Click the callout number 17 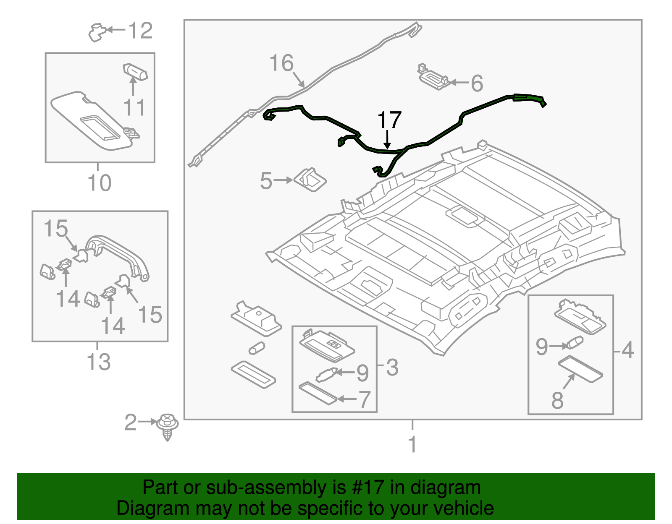389,120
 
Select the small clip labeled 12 97,32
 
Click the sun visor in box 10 92,121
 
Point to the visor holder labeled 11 135,72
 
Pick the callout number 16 281,63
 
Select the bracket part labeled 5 311,180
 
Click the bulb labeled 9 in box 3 326,373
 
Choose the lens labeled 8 580,369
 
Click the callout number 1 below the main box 412,444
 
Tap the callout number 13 99,362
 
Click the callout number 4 627,350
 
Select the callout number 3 392,368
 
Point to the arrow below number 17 387,140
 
